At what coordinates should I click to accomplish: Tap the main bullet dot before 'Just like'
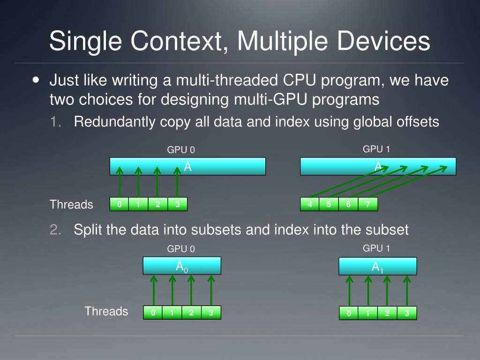pos(37,80)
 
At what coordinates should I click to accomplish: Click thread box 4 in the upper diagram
pos(310,204)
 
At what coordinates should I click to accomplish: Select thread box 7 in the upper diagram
pos(368,204)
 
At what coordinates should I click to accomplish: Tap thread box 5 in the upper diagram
pos(329,204)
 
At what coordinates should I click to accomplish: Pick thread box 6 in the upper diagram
pos(348,204)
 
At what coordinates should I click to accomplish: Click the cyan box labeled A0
pos(182,266)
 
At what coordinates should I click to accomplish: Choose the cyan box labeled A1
pos(378,267)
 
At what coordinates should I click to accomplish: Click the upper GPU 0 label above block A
pos(181,150)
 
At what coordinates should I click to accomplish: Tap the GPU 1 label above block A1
pos(376,248)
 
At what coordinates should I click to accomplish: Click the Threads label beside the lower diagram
pos(106,311)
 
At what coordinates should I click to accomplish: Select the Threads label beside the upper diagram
pos(71,204)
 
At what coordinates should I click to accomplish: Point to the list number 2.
pos(56,230)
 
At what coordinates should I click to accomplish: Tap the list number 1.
pos(56,122)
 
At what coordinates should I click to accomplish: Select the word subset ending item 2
pos(386,230)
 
